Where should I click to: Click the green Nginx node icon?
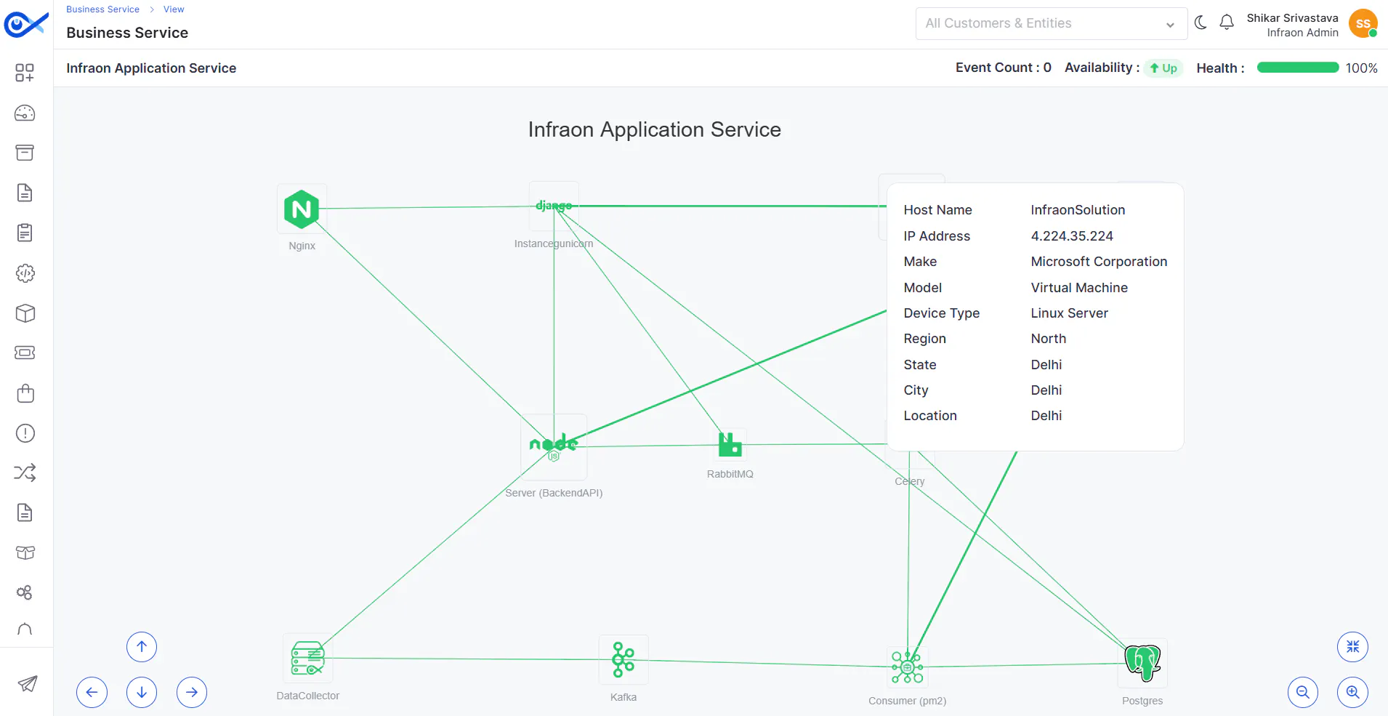tap(302, 209)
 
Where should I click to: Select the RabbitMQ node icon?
tap(730, 444)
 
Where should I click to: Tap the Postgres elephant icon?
tap(1142, 663)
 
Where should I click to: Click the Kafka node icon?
tap(624, 659)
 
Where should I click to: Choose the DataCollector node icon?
tap(308, 659)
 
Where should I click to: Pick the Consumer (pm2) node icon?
tap(908, 667)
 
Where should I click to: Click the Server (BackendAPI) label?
tap(554, 493)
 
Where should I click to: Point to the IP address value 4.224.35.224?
tap(1072, 236)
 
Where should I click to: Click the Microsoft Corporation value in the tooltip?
tap(1099, 262)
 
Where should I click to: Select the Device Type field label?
tap(942, 313)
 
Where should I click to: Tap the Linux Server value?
tap(1069, 313)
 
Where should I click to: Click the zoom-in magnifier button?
tap(1352, 692)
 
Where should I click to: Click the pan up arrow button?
tap(142, 647)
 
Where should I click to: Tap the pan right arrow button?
tap(192, 692)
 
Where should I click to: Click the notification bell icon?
tap(1227, 23)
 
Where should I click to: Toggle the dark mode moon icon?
tap(1201, 23)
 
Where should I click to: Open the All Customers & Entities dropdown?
tap(1051, 23)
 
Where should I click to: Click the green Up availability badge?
tap(1163, 68)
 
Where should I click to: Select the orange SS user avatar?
tap(1363, 23)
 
